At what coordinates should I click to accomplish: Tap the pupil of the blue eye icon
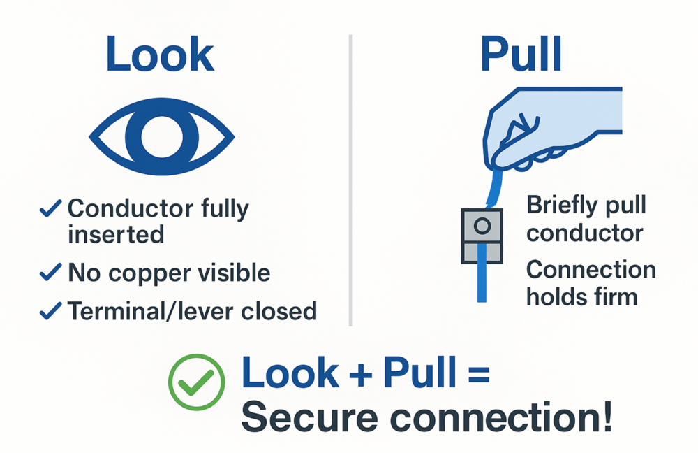(x=161, y=136)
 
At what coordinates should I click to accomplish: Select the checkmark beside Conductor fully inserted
(x=51, y=208)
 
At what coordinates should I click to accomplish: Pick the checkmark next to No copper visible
(x=51, y=272)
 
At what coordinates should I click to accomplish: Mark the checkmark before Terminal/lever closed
(x=51, y=310)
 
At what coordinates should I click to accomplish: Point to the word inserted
(x=116, y=233)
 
